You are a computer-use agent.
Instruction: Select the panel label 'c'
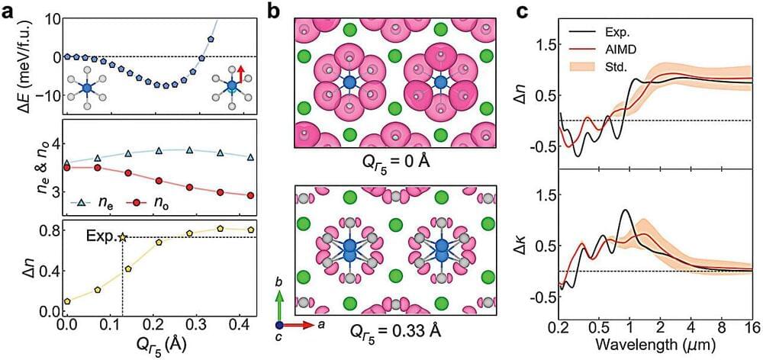524,9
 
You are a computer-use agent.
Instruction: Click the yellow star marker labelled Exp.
122,237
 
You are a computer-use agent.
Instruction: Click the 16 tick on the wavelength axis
752,329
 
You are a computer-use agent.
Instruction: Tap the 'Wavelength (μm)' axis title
655,346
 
